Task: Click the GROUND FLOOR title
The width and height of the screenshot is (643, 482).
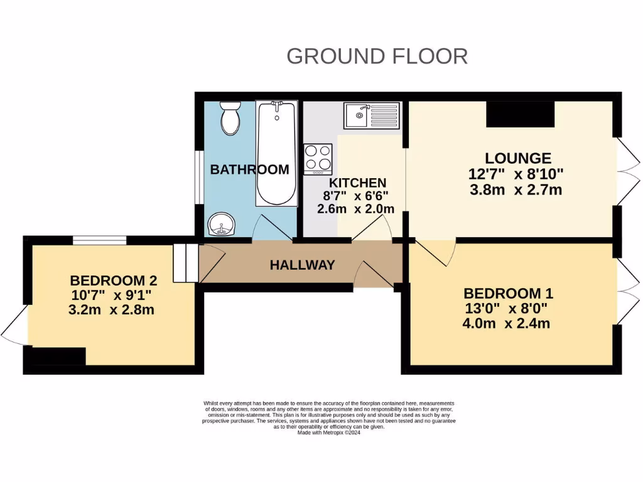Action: click(x=377, y=56)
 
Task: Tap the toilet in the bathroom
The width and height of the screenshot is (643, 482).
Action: click(x=230, y=119)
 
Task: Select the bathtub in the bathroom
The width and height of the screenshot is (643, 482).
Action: click(x=276, y=154)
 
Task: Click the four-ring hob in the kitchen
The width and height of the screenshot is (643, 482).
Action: click(x=318, y=159)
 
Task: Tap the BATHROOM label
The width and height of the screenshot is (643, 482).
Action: click(x=249, y=169)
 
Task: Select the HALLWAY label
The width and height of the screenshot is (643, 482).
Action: click(x=302, y=265)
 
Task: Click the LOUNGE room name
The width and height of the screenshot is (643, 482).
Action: click(x=517, y=158)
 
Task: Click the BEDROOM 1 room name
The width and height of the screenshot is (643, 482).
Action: click(x=508, y=293)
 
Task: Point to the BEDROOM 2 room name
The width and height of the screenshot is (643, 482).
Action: click(x=113, y=280)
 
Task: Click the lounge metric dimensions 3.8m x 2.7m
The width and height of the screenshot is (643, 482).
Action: click(x=516, y=190)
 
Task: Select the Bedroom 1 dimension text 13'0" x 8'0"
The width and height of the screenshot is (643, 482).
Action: click(x=505, y=308)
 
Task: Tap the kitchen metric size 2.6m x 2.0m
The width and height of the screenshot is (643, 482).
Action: click(x=356, y=209)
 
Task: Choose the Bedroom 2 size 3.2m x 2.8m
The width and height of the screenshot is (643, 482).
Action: click(x=112, y=309)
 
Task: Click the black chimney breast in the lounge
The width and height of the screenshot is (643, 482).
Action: click(x=521, y=113)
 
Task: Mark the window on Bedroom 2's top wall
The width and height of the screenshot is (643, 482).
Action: click(x=99, y=240)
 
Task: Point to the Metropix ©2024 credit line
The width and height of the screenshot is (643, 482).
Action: click(x=328, y=432)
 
